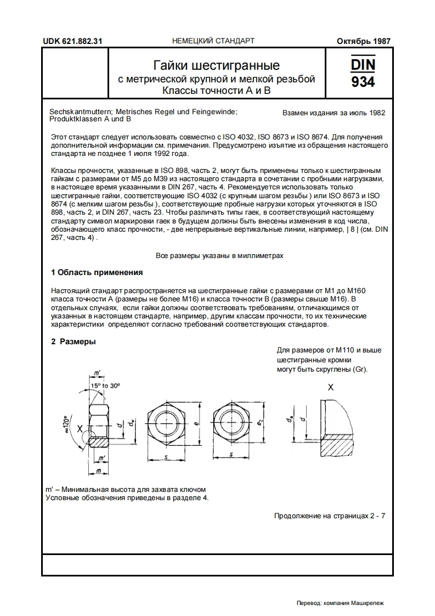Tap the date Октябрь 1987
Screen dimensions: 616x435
tap(362, 41)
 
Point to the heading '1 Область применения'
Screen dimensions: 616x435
tap(97, 272)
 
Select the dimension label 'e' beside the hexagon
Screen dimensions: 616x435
tap(196, 423)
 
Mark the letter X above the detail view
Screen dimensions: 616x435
tap(330, 387)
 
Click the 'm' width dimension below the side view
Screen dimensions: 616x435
tap(98, 471)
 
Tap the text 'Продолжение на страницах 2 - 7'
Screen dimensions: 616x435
tap(329, 516)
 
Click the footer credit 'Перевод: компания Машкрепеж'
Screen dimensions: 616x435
tap(340, 603)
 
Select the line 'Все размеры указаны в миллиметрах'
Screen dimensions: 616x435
tap(219, 256)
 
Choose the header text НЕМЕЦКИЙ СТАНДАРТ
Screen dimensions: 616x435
tap(213, 41)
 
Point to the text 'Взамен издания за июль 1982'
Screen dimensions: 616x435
tap(334, 113)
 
